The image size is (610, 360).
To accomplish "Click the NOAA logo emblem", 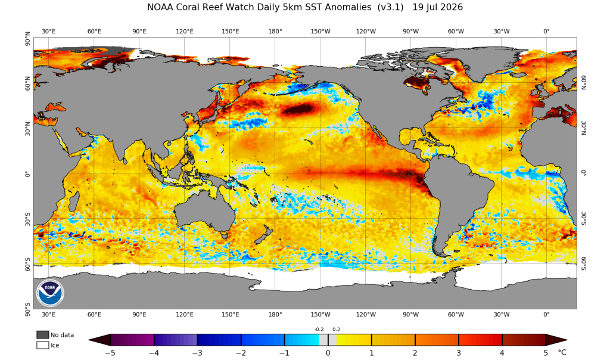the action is click(51, 292).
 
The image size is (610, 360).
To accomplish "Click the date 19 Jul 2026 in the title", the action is click(438, 7).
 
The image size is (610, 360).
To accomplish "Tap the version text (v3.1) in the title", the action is click(391, 7).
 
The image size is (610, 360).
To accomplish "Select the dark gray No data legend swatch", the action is click(43, 335).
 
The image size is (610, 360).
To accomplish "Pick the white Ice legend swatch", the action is click(43, 345).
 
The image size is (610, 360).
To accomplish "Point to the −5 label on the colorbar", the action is click(110, 353).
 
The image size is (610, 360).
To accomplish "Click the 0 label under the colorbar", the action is click(328, 353).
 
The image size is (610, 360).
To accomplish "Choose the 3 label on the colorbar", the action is click(459, 353).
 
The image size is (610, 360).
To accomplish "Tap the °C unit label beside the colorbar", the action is click(562, 353).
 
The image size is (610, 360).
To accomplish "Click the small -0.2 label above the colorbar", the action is click(319, 329).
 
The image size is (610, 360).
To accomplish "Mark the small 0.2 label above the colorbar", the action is click(336, 329).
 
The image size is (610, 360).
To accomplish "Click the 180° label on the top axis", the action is click(275, 31).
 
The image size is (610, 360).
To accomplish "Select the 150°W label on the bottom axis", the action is click(320, 315).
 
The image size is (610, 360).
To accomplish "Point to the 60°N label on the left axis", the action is click(27, 83).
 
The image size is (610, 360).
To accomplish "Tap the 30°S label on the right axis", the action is click(584, 219).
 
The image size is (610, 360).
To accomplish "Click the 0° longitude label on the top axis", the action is click(546, 31).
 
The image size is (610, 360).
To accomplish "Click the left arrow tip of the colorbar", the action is click(89, 340).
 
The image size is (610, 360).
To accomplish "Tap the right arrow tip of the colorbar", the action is click(567, 340).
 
